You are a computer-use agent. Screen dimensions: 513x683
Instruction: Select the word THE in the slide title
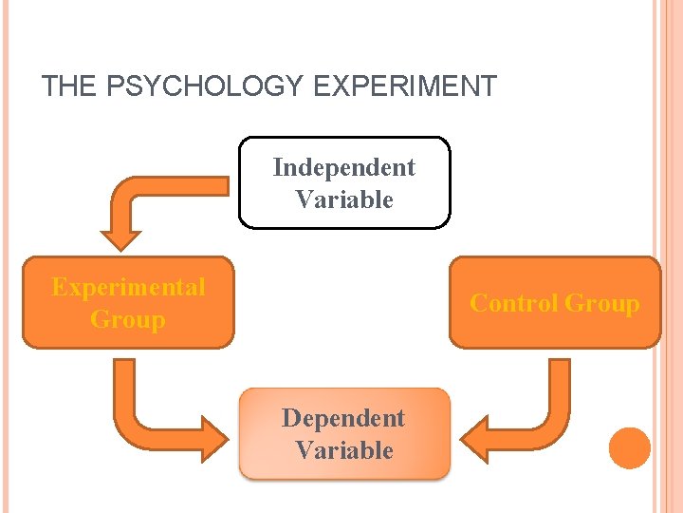(68, 86)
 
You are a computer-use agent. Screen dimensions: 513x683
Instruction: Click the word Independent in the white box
(343, 167)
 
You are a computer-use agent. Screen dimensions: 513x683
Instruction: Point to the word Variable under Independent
(343, 199)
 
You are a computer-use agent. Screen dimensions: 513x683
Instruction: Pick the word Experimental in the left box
(128, 287)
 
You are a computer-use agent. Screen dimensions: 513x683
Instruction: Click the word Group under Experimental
(128, 319)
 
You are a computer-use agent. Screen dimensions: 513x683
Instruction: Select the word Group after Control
(602, 303)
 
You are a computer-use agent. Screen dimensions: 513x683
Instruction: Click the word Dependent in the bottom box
(343, 418)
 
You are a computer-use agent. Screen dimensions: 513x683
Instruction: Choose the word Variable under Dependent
(343, 450)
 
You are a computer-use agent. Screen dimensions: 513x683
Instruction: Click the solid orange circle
(630, 448)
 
